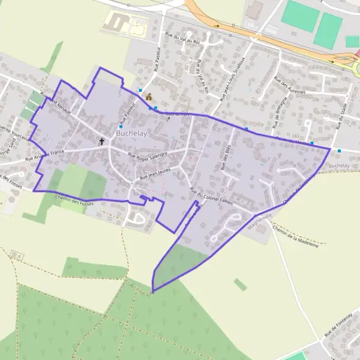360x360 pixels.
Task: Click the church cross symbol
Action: [x=102, y=142]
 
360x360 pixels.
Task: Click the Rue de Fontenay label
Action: [x=338, y=326]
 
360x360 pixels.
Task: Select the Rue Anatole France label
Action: [x=44, y=156]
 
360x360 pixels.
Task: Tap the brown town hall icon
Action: [x=148, y=97]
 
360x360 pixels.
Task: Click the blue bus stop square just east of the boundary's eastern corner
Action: [x=340, y=151]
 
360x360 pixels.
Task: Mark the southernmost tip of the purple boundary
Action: [x=152, y=292]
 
